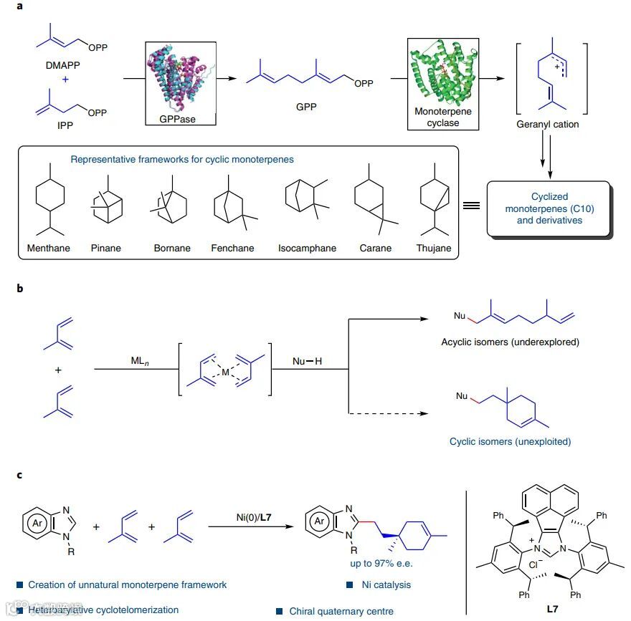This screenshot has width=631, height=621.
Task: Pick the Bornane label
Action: point(172,248)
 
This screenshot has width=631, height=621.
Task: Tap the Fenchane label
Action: point(231,248)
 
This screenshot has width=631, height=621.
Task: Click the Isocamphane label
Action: point(307,248)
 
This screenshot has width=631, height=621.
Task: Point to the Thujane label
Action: point(434,248)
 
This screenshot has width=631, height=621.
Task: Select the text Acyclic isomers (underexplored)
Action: point(511,342)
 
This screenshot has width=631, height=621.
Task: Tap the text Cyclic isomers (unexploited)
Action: point(510,441)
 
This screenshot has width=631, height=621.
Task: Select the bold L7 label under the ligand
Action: point(552,609)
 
